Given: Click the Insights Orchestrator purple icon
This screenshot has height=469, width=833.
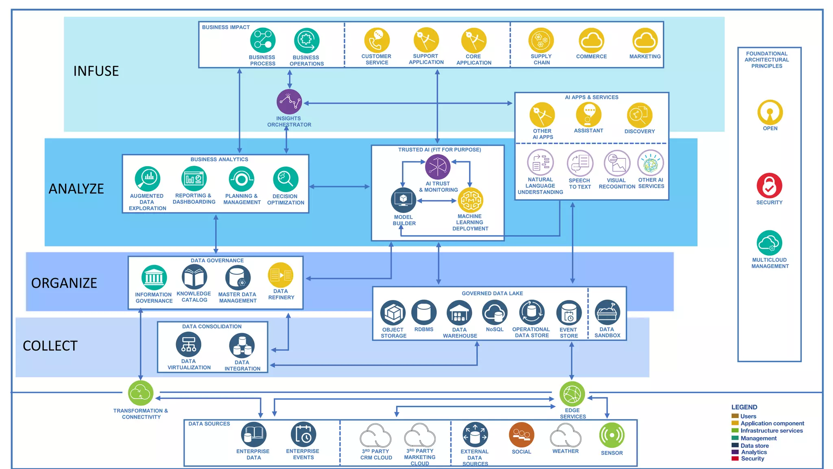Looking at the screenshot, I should pos(289,102).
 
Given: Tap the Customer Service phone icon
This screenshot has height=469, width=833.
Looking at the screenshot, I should pos(377,40).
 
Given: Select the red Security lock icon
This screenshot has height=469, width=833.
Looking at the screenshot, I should pos(769,186).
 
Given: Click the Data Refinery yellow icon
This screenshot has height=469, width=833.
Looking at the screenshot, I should pos(281,275).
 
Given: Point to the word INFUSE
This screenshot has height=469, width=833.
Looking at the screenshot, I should pos(96,71).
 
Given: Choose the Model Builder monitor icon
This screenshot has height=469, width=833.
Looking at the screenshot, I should pos(403,200).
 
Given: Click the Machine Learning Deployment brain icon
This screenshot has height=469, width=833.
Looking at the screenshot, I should pos(470,200).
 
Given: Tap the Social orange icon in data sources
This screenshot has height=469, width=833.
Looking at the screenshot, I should pos(521,435).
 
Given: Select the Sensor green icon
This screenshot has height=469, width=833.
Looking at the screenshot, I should pos(612,435).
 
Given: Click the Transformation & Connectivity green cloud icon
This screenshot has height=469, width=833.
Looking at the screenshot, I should pos(141,393).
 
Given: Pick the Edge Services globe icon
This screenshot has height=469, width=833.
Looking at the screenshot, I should pos(572,394).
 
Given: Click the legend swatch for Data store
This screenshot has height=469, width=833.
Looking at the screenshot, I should pos(735,445).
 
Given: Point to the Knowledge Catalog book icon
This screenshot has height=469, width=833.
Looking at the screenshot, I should pos(194,277).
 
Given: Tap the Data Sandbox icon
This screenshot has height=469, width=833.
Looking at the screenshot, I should pos(607,313).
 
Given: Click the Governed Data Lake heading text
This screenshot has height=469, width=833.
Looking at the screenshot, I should pos(492,293).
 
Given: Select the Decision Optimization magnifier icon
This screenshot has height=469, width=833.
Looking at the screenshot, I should pos(286,179).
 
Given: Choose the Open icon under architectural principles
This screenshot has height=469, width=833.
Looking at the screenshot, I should pos(770,112).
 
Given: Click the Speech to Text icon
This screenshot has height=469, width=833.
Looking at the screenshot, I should pos(580,163).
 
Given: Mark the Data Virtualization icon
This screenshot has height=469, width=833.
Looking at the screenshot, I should pos(188,344).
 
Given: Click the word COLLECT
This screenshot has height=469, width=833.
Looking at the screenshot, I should pos(50,346).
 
